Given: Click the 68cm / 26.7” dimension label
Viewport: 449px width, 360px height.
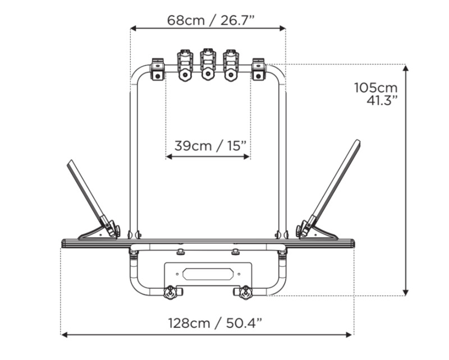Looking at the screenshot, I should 211,20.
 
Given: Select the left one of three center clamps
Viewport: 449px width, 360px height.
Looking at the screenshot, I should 185,65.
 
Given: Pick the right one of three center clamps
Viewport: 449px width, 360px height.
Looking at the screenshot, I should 230,65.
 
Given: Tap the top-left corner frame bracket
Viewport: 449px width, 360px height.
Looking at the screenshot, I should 157,69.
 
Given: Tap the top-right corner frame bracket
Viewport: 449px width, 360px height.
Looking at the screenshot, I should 258,69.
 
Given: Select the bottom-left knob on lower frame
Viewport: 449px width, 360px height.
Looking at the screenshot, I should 169,292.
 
